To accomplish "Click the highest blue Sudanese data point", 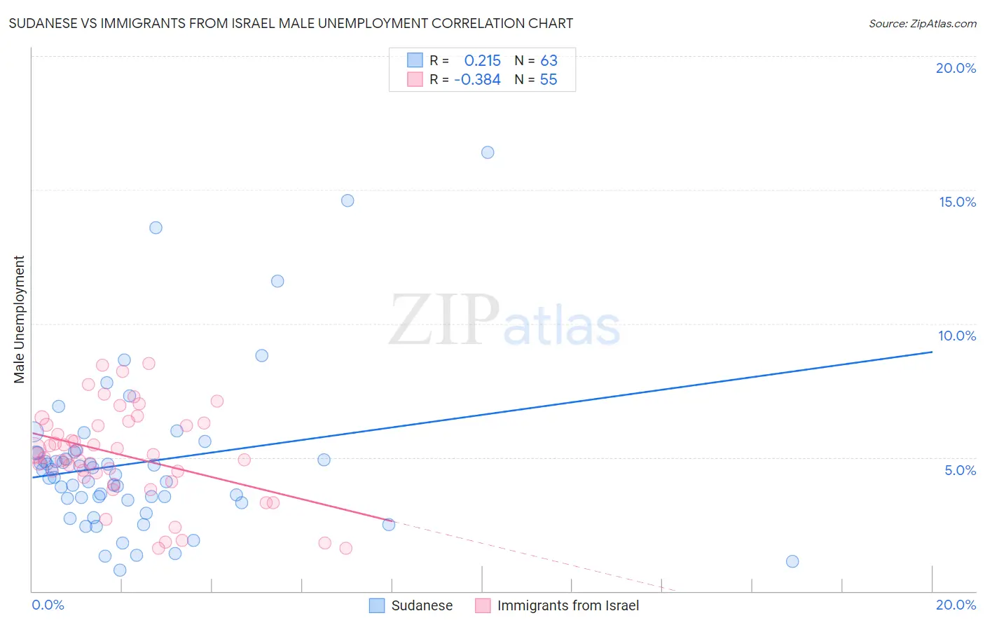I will [488, 153].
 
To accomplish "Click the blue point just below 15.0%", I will [347, 200].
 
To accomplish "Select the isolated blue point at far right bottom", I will [792, 561].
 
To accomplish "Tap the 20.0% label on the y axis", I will [956, 68].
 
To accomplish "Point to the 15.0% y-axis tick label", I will [957, 202].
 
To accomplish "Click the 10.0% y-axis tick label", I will [957, 336].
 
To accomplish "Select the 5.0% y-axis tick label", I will [960, 470].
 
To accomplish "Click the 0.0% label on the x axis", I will [48, 605].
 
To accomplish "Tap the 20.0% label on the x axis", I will [956, 605].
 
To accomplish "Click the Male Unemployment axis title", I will [19, 320].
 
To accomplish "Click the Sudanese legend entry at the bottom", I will [421, 605].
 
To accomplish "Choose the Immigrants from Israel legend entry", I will [567, 605].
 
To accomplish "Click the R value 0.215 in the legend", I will [482, 61].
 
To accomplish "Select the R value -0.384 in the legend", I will [477, 80].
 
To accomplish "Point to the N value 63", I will [549, 61].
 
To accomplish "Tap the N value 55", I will [549, 80].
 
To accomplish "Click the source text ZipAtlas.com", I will [922, 24].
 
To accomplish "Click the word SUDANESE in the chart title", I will [43, 24].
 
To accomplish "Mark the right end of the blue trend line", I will [932, 352].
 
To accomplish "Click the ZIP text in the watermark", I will [444, 321].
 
